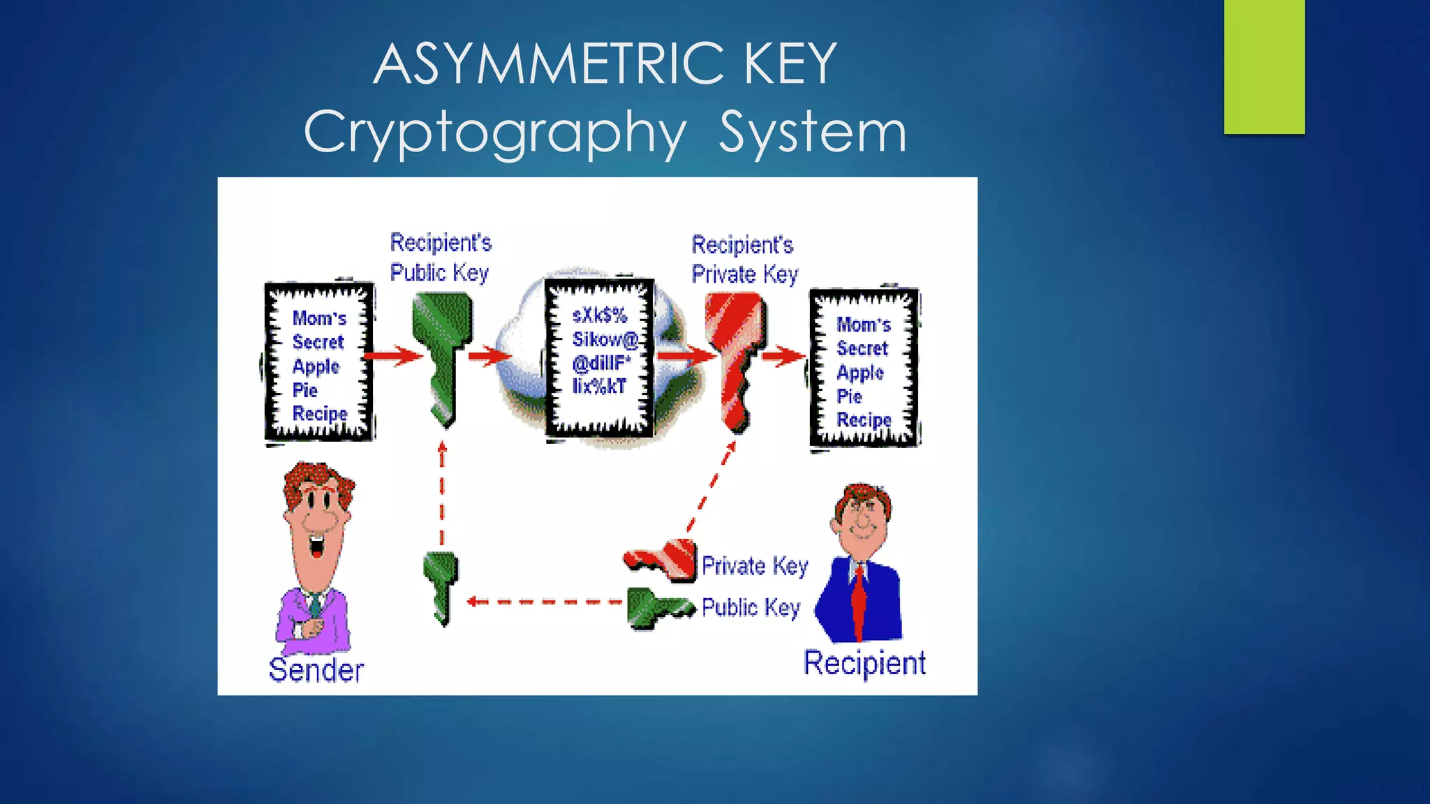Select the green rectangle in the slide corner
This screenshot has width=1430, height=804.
coord(1264,66)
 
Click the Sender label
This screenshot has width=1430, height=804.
coord(316,670)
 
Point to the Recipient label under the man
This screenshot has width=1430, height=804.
coord(864,663)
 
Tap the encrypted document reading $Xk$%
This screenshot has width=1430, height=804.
coord(600,357)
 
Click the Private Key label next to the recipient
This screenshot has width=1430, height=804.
coord(755,565)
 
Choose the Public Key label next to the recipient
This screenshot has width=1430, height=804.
coord(751,607)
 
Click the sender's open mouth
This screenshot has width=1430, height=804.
coord(317,545)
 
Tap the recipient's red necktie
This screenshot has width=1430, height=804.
coord(858,600)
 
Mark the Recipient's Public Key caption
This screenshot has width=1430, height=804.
coord(440,257)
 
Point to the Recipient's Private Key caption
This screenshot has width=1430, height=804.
coord(744,259)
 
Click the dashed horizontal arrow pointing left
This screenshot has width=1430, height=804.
coord(545,602)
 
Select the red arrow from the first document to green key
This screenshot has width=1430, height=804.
coord(393,356)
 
